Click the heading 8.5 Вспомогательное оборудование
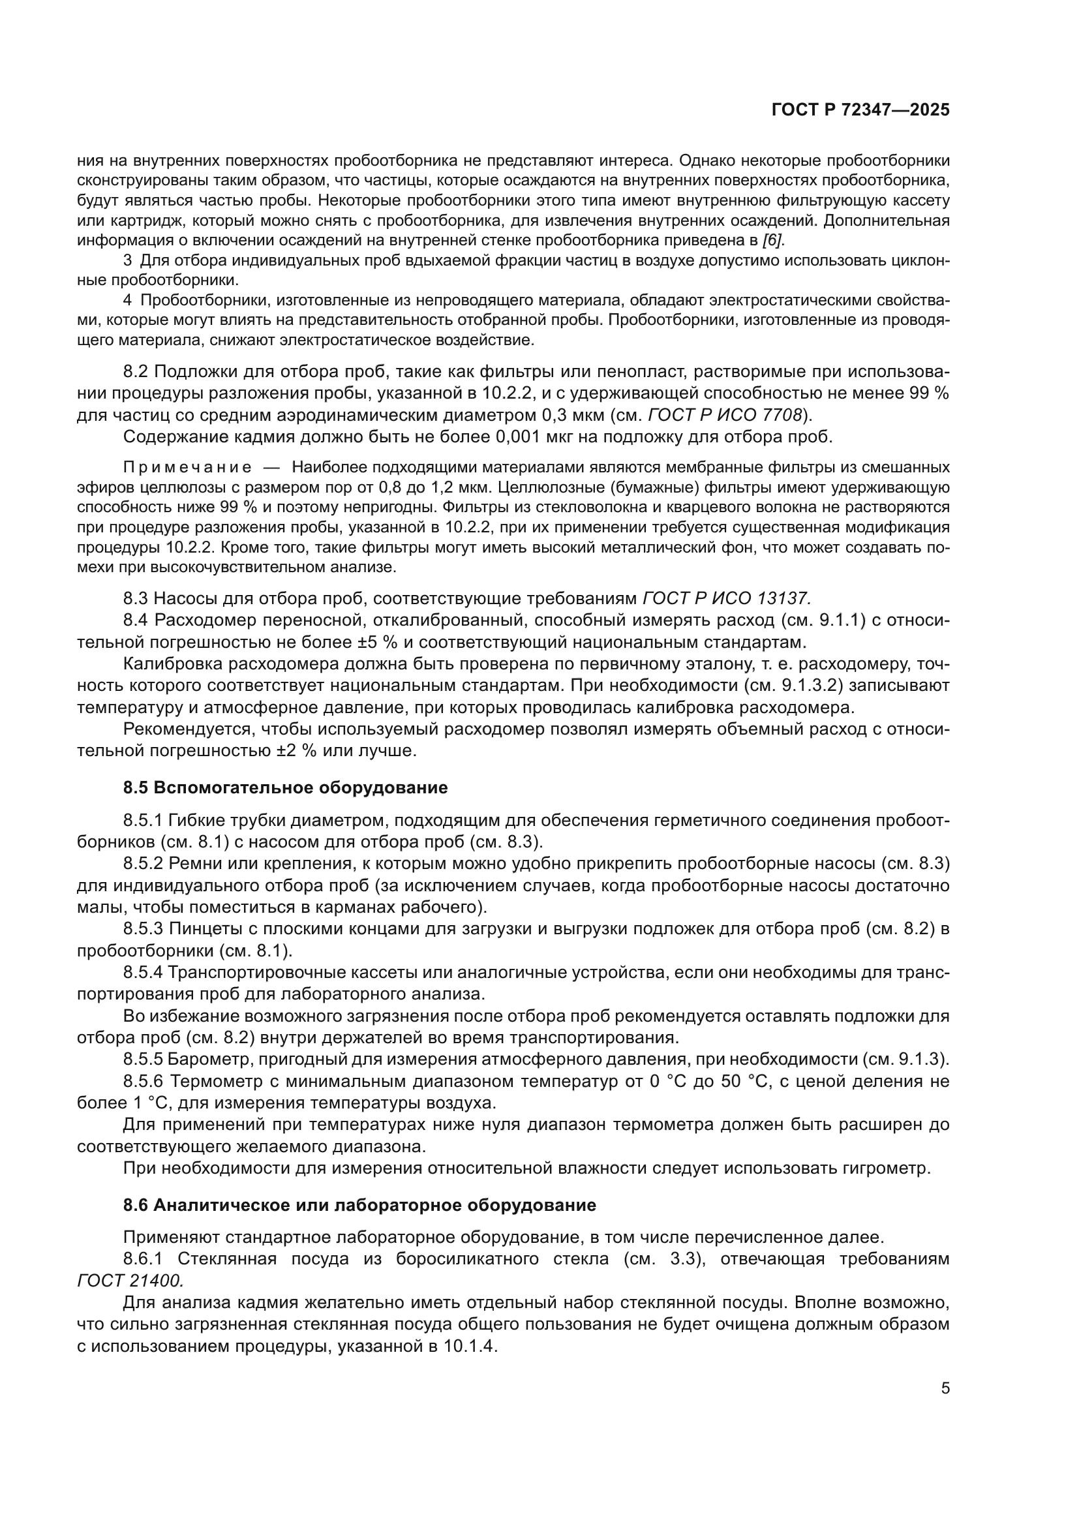[x=285, y=787]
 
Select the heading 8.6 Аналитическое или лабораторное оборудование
[x=359, y=1205]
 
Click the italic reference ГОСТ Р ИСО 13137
[x=726, y=598]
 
